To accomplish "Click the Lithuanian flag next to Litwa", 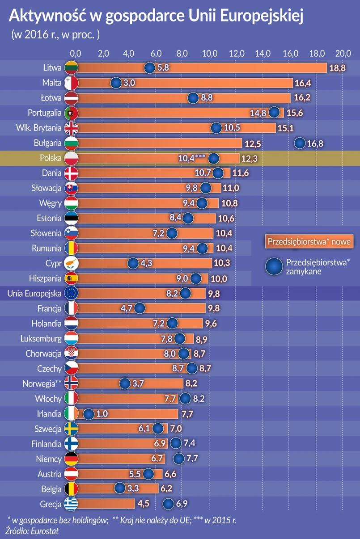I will pos(72,68).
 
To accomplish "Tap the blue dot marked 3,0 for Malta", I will pos(116,83).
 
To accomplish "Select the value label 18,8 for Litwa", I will pos(338,68).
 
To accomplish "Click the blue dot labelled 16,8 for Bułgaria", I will pos(300,143).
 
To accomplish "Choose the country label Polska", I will pos(50,158).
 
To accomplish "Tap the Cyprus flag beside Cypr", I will pos(72,263).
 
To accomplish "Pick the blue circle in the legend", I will pos(273,266).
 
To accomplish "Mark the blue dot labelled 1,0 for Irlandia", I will pos(89,414).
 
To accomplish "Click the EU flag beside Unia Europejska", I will pos(72,293).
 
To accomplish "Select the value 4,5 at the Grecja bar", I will pos(144,504).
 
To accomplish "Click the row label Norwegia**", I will pos(42,383).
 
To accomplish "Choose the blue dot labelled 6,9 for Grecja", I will pos(168,504).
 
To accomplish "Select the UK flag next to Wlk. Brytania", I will pos(72,128).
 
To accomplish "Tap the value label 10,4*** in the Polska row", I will pos(192,158).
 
